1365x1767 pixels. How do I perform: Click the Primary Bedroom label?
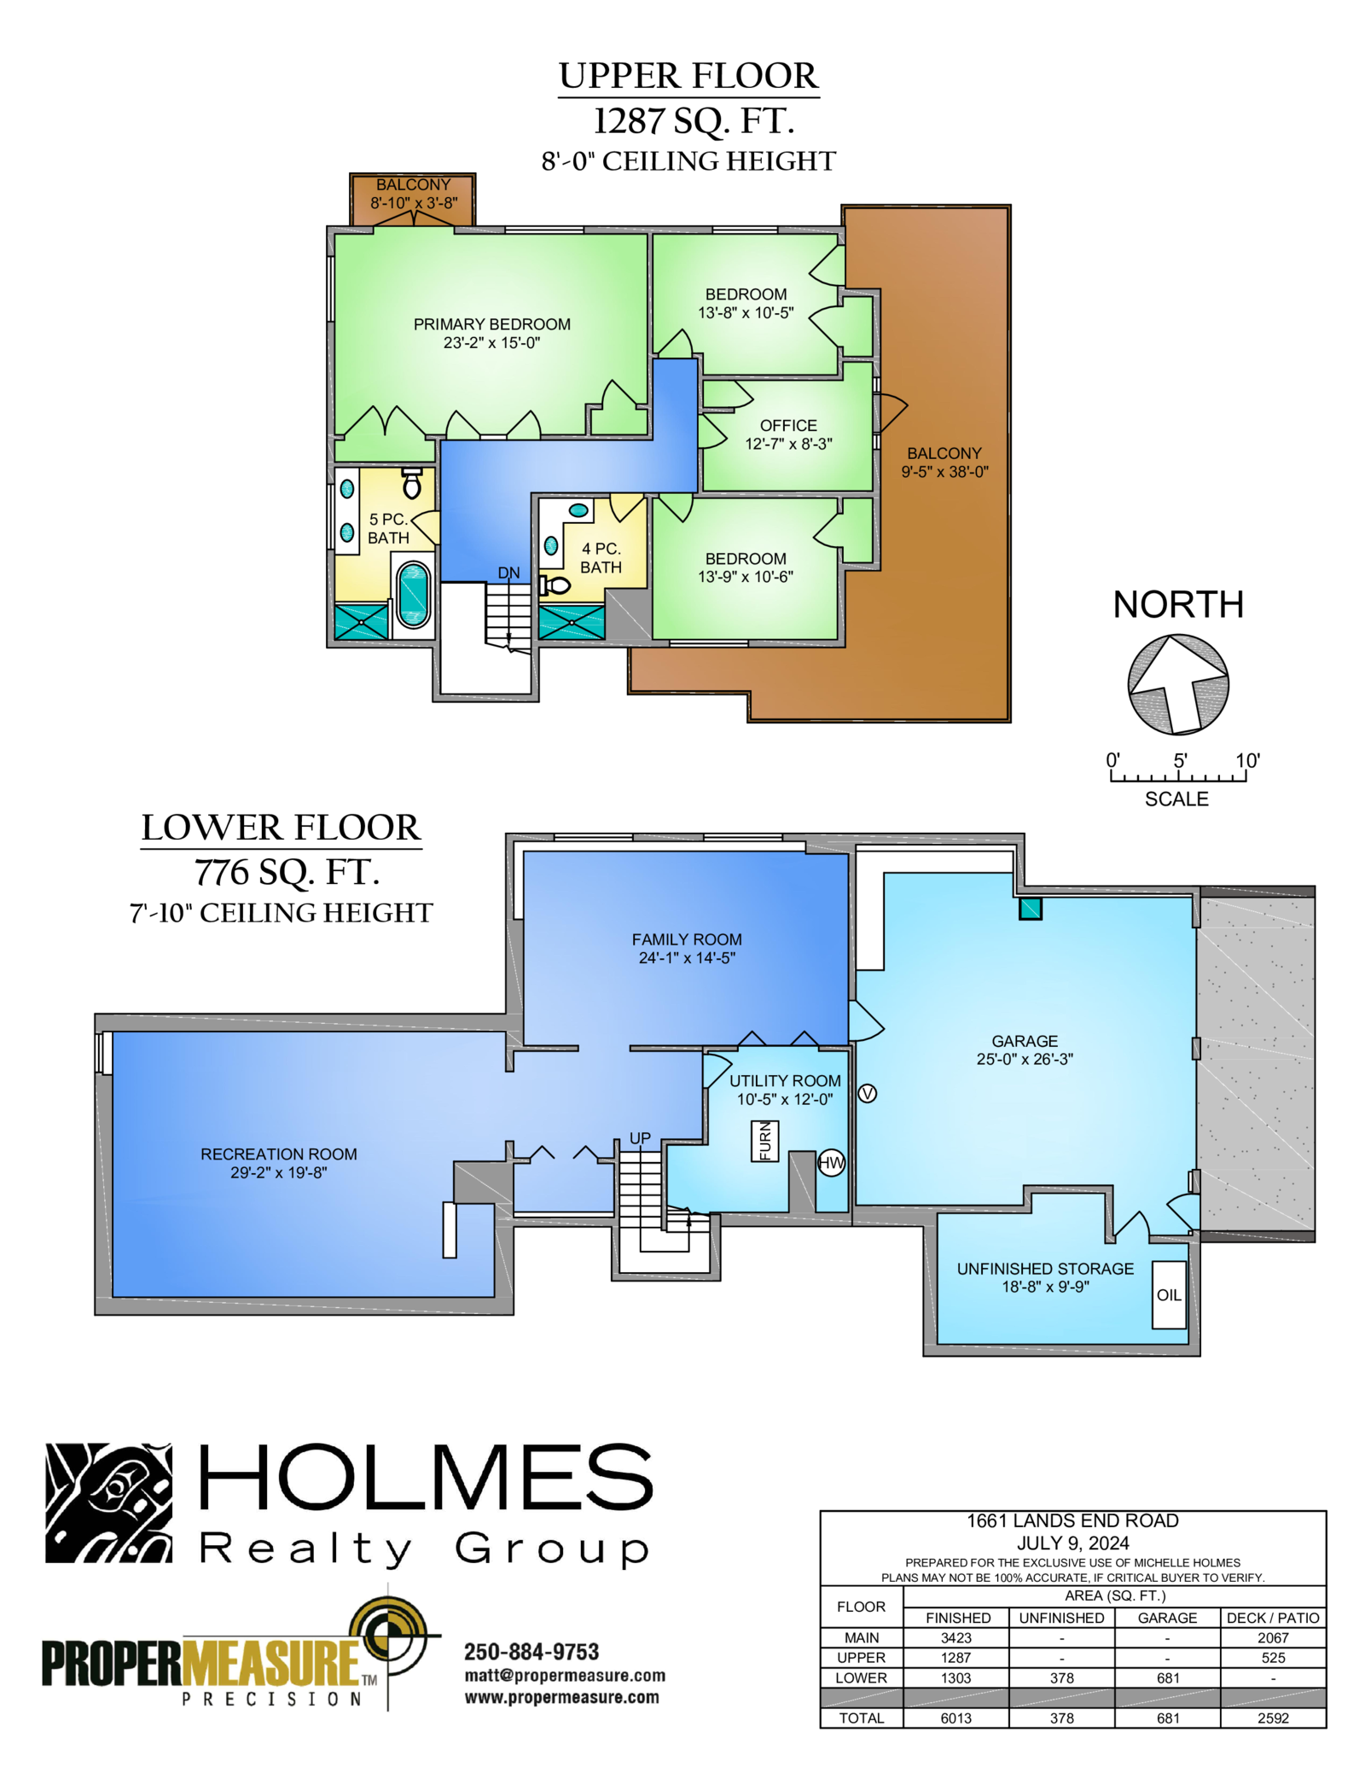tap(491, 324)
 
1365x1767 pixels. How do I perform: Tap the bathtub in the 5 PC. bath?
tap(414, 595)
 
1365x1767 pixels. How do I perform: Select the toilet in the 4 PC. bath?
tap(554, 585)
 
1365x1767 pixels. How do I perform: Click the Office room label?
tap(788, 425)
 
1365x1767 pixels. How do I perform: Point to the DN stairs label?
tap(508, 573)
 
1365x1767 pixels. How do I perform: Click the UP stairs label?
tap(640, 1138)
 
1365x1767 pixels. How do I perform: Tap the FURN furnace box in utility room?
tap(764, 1141)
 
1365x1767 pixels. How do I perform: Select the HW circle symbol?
tap(831, 1162)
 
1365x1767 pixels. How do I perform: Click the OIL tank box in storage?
tap(1169, 1294)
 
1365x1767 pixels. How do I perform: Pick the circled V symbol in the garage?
tap(867, 1093)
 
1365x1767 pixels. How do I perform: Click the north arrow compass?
tap(1178, 684)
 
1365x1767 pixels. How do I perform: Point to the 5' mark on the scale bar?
tap(1180, 760)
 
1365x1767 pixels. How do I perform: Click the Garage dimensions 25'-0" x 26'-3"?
tap(1025, 1059)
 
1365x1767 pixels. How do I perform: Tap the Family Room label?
tap(687, 939)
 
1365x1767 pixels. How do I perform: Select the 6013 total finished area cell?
tap(955, 1718)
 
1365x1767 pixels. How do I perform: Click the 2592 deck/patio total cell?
tap(1273, 1718)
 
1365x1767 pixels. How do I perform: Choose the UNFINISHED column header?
tap(1061, 1618)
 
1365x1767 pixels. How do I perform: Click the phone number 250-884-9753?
tap(531, 1652)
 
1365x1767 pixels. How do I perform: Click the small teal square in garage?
tap(1031, 908)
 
